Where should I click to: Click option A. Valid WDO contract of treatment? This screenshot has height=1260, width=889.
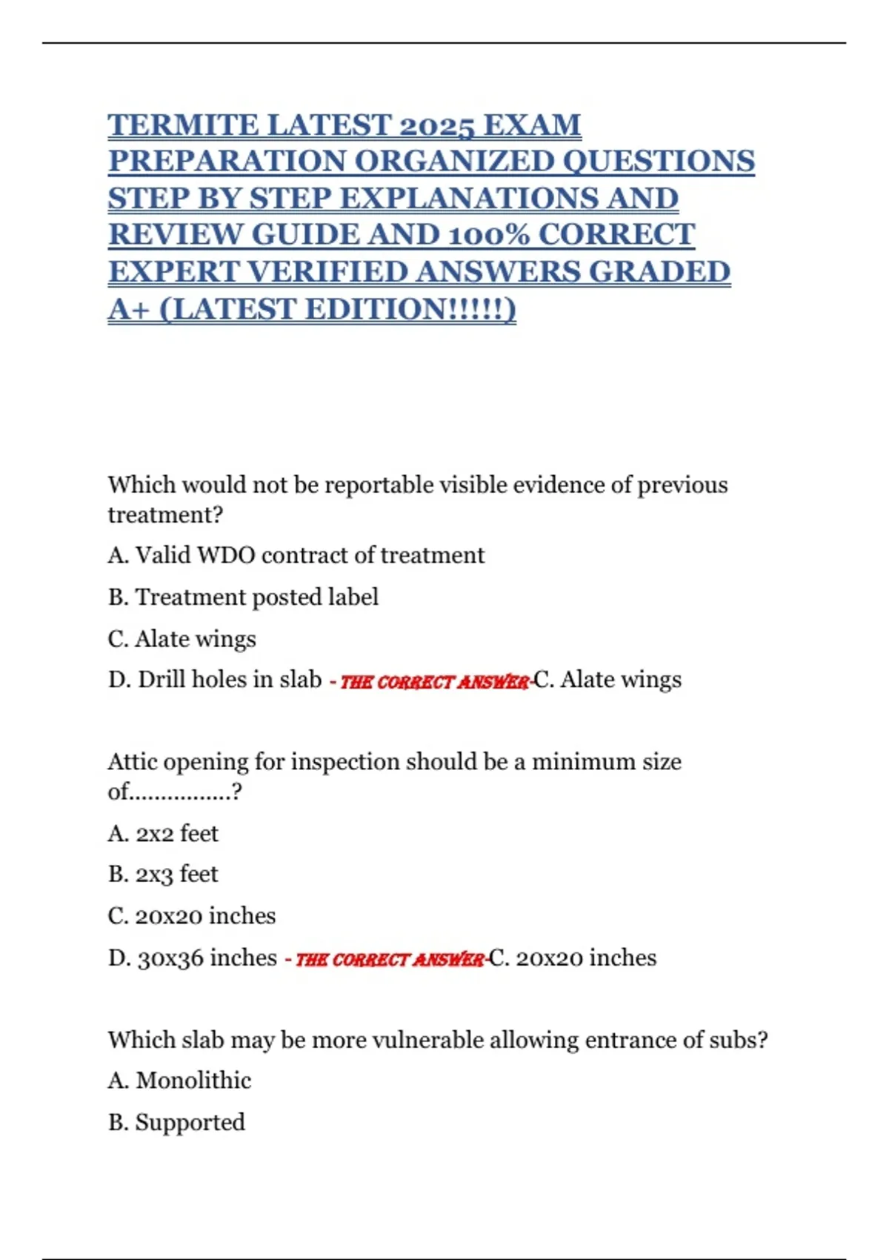coord(296,555)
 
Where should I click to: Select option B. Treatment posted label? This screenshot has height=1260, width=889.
coord(243,597)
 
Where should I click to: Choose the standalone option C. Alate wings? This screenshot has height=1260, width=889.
coord(182,638)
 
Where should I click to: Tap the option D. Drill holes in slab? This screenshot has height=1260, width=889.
coord(215,679)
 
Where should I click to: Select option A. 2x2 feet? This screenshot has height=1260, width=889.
coord(163,833)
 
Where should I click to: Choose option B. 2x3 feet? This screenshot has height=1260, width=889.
coord(163,874)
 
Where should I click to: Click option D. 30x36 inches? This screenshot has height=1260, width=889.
coord(193,958)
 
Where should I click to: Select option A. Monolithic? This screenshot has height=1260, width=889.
coord(179,1080)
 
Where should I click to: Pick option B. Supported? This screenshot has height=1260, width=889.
coord(176,1121)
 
